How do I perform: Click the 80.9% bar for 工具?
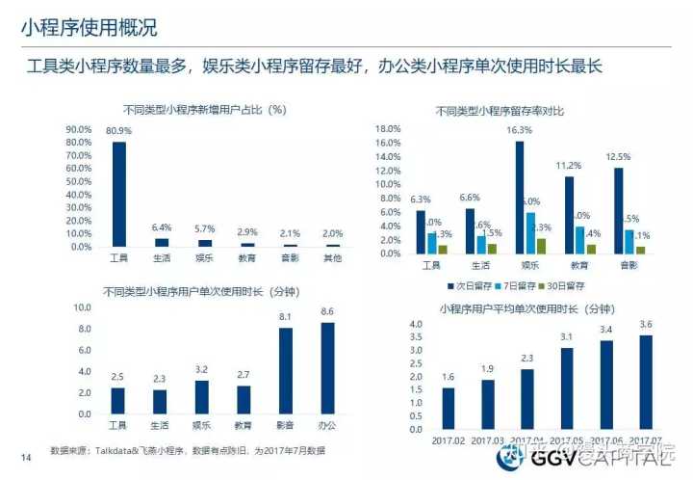pyautogui.click(x=119, y=194)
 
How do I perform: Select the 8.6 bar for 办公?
pyautogui.click(x=327, y=368)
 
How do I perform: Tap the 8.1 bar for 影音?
pyautogui.click(x=286, y=371)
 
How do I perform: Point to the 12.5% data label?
pyautogui.click(x=618, y=156)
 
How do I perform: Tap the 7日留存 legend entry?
pyautogui.click(x=521, y=285)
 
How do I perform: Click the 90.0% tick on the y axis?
pyautogui.click(x=78, y=129)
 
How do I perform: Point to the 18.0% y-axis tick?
pyautogui.click(x=387, y=128)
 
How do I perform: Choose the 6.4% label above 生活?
pyautogui.click(x=162, y=227)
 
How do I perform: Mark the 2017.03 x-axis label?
pyautogui.click(x=488, y=440)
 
